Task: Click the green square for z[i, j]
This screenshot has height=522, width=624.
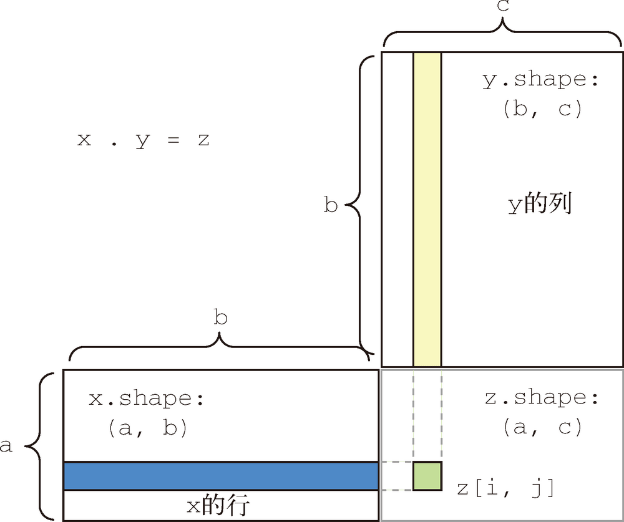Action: (427, 476)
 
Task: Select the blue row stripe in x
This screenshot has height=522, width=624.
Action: (221, 476)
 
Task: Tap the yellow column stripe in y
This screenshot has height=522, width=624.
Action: (427, 209)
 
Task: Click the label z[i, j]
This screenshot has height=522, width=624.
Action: (505, 488)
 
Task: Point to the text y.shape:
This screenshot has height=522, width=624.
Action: (540, 80)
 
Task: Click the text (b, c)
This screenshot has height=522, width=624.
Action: (540, 110)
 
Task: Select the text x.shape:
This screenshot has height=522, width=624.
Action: (147, 399)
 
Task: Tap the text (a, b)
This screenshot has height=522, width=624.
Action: (147, 428)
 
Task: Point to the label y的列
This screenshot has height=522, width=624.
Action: (539, 204)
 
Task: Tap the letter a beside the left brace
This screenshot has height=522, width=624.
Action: (6, 447)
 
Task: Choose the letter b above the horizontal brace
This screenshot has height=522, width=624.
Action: (220, 318)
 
